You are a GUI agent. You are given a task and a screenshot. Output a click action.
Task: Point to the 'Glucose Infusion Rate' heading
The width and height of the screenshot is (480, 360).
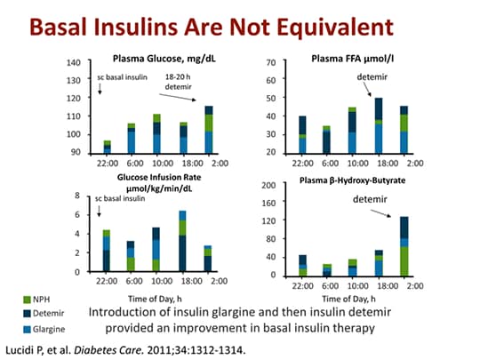click(157, 178)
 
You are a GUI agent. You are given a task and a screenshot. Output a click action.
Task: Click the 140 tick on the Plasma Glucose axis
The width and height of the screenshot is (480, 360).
click(74, 63)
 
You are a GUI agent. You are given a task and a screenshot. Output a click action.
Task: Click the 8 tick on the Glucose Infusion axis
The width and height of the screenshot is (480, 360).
click(78, 196)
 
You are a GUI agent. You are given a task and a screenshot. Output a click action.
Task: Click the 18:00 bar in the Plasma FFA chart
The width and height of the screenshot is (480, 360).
click(379, 125)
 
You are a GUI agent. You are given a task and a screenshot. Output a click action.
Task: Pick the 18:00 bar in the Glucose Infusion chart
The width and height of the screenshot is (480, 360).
click(182, 241)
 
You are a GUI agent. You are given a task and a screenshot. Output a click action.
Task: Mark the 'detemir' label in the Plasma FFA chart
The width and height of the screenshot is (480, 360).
click(372, 77)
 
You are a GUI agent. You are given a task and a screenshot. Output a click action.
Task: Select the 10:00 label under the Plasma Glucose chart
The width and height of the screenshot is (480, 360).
click(157, 163)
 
